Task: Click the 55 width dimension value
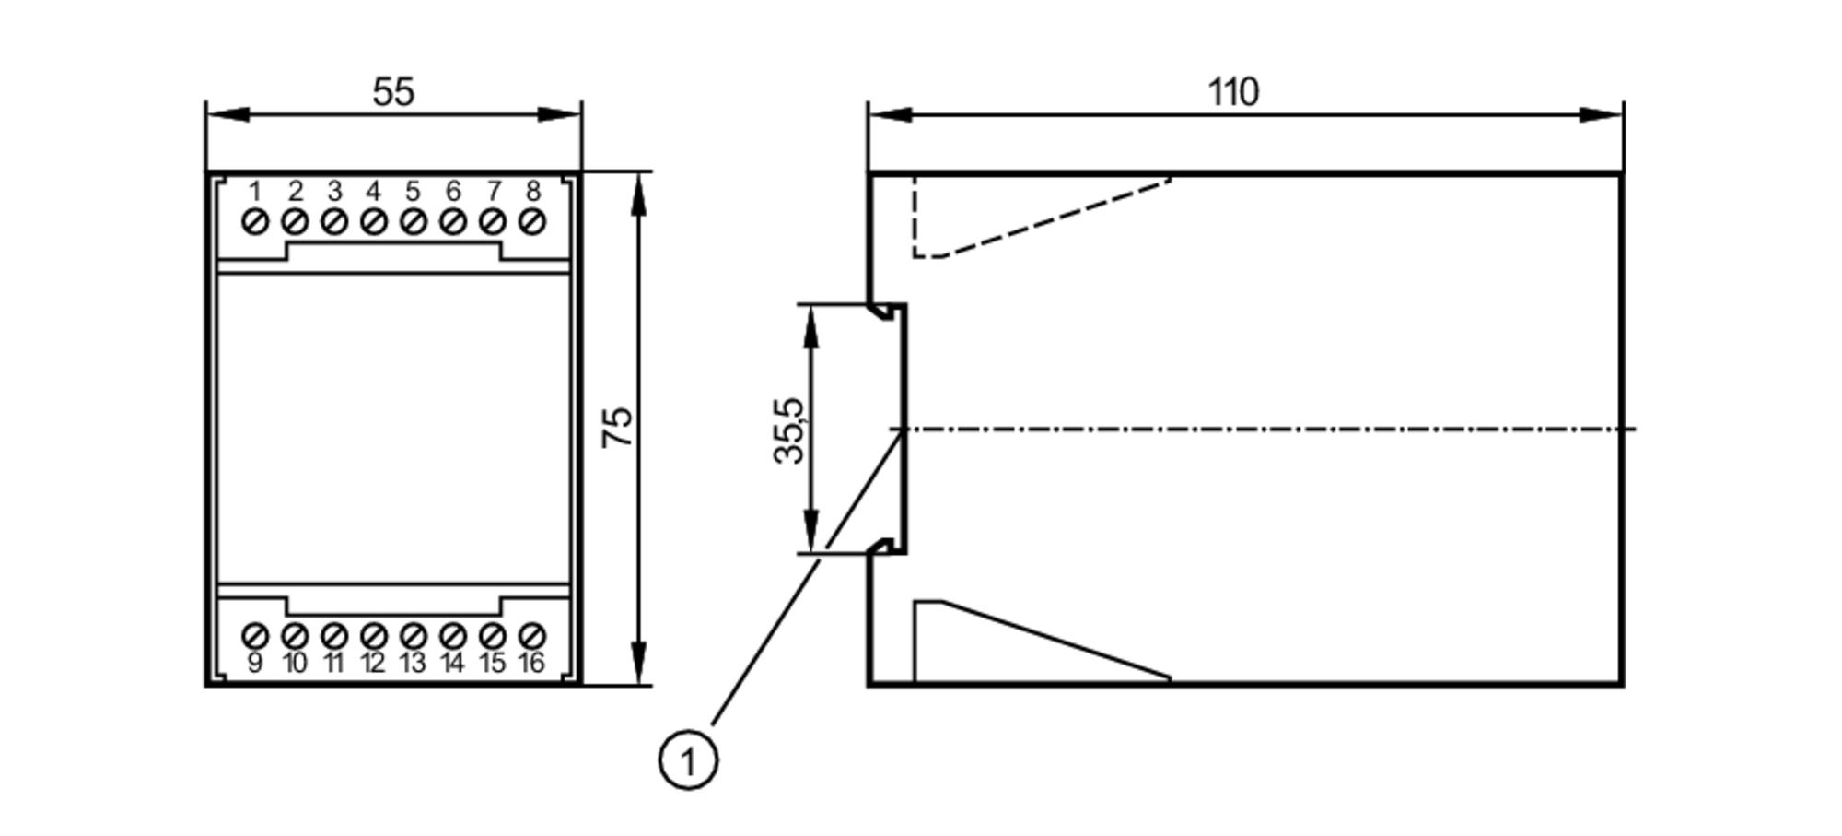tap(393, 92)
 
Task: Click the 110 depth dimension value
tap(1232, 92)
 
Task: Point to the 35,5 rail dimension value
tap(789, 430)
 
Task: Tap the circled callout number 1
tap(688, 761)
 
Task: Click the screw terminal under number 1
tap(255, 222)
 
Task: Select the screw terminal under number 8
tap(532, 222)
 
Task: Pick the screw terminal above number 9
tap(255, 635)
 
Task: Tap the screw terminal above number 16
tap(532, 635)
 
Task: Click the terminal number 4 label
tap(373, 192)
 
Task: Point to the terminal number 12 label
tap(373, 663)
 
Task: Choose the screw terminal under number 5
tap(414, 222)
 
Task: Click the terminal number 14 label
tap(452, 663)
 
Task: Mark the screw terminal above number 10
tap(295, 635)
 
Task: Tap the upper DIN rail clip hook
tap(886, 312)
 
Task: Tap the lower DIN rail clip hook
tap(886, 546)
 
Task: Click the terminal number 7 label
tap(494, 192)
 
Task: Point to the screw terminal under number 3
tap(334, 222)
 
